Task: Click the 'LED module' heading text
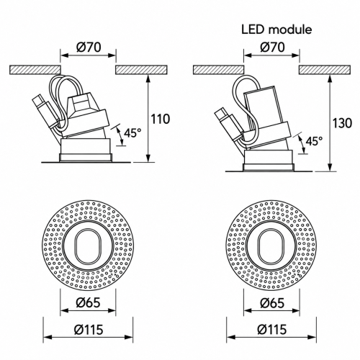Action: coord(276,30)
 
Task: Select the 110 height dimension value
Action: coord(160,119)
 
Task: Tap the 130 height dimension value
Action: coord(342,123)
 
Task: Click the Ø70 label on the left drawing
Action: coord(89,48)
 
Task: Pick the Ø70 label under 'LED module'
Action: coord(272,48)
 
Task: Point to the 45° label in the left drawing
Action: coord(132,132)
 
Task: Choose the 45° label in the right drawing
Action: coord(314,141)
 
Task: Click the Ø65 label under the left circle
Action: coord(88,302)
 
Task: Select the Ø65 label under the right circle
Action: coord(272,302)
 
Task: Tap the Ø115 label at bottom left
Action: coord(89,329)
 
